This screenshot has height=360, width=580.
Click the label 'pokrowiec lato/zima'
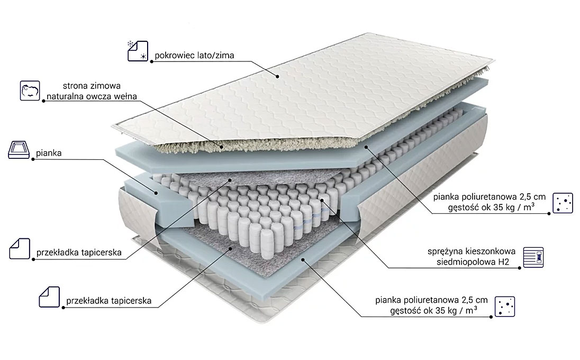pos(194,56)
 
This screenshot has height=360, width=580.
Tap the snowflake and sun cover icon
pos(138,51)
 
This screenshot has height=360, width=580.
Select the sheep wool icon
pos(30,91)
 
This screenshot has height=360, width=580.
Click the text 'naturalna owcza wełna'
pos(92,96)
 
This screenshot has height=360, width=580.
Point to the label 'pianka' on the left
pos(49,153)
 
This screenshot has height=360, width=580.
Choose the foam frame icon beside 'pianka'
pos(19,149)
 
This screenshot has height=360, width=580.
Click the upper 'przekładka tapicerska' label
pos(79,253)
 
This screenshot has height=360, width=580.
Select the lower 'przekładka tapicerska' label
pos(109,301)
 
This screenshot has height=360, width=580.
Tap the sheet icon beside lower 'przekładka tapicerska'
pos(49,296)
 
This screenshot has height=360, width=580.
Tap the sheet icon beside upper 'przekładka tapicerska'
pos(20,249)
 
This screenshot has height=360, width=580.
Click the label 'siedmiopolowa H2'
pos(473,262)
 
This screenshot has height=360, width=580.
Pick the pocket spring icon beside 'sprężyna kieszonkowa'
pos(533,257)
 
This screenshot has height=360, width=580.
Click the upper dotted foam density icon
pos(563,203)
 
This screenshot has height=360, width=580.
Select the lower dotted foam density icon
pos(504,307)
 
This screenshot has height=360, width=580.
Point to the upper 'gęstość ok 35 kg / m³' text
pos(491,207)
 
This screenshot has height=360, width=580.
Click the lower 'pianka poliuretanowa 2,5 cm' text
pos(431,300)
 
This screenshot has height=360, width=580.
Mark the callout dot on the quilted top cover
pos(277,77)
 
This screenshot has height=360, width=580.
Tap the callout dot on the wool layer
pos(222,147)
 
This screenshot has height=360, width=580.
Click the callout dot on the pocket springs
pos(322,200)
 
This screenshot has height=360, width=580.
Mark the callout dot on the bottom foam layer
pos(303,260)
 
